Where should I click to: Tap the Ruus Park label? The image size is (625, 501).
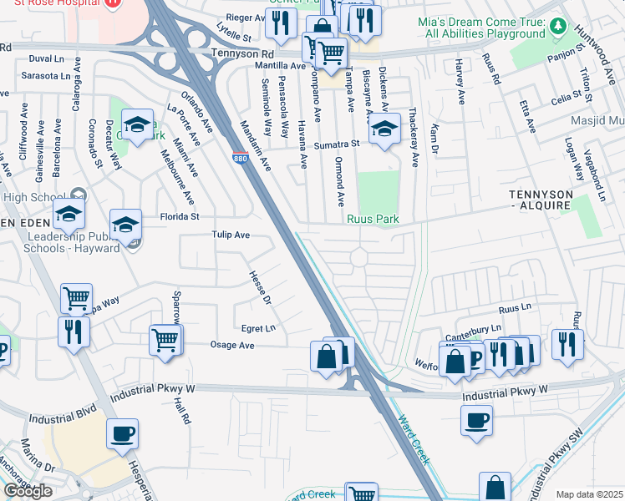coord(373,220)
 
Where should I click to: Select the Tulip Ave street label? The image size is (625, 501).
coord(231,235)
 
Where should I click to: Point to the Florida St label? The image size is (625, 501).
coord(180,217)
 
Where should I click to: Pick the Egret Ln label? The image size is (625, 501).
coord(258,328)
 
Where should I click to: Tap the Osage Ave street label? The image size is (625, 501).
coord(231,345)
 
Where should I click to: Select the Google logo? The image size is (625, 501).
coord(28,491)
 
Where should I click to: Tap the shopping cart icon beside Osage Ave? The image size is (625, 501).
coord(165,340)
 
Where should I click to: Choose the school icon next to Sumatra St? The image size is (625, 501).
coord(384,129)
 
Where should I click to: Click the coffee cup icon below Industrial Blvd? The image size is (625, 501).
coord(123,433)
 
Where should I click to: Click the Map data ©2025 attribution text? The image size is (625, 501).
coord(589,494)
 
